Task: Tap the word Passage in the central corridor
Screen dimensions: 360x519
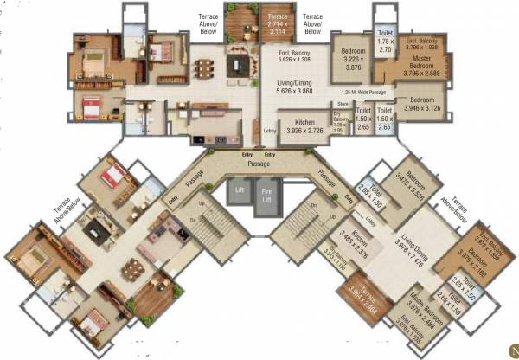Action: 259,163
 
